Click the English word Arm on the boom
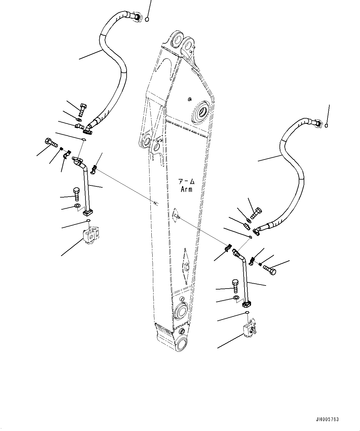click(186, 189)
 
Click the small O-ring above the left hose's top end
click(147, 20)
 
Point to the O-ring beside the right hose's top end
click(327, 125)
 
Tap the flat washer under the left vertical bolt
click(77, 206)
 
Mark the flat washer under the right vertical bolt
click(236, 298)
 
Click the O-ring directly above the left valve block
click(88, 220)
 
